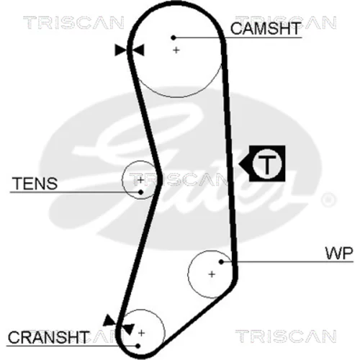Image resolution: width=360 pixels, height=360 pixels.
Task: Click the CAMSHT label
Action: click(266, 28)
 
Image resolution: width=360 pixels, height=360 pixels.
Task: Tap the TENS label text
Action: click(35, 184)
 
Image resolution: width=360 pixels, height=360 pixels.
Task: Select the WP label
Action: click(339, 253)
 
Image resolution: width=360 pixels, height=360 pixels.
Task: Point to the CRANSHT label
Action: click(48, 337)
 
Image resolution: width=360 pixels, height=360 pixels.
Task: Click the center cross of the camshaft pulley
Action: click(176, 50)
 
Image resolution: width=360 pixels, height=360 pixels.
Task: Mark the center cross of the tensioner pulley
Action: click(140, 179)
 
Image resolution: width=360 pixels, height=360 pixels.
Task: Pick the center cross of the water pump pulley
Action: click(212, 274)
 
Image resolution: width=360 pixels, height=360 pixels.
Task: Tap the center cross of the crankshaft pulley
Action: click(142, 333)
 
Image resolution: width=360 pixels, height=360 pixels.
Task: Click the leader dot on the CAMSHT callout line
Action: click(174, 37)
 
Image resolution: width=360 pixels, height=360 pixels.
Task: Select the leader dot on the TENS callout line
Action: click(141, 192)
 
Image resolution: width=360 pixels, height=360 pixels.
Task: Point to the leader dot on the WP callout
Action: click(222, 262)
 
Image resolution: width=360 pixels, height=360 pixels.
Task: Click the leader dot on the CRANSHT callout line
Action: click(138, 346)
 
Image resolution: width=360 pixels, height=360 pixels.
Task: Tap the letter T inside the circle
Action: click(266, 164)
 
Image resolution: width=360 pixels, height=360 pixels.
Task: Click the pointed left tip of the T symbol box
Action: click(239, 164)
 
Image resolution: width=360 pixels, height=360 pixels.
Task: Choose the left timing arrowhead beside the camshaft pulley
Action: click(121, 50)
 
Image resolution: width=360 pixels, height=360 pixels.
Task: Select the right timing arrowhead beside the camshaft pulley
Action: click(138, 50)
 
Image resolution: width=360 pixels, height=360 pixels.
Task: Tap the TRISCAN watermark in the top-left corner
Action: click(73, 23)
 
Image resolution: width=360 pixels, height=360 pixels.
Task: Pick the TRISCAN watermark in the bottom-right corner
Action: click(286, 336)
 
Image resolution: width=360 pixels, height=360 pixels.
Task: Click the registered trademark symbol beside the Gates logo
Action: click(329, 199)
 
